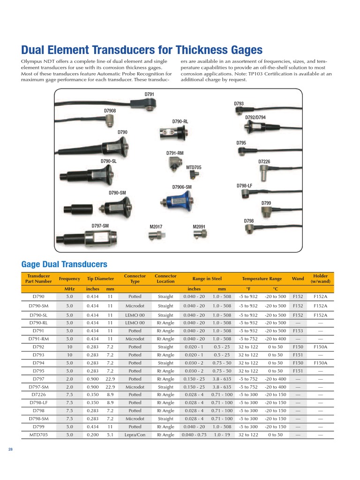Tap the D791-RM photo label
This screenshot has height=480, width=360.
point(175,153)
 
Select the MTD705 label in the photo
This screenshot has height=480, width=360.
point(194,167)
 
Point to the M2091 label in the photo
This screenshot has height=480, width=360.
point(199,227)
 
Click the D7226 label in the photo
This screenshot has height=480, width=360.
point(264,161)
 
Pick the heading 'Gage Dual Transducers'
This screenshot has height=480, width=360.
point(65,264)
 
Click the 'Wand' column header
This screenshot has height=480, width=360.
point(298,278)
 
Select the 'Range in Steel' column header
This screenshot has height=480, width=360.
point(207,278)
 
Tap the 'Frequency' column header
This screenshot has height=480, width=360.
point(69,278)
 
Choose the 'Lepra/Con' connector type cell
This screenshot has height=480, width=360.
point(135,435)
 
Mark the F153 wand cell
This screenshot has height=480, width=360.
point(298,330)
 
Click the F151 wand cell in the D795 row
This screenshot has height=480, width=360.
point(298,371)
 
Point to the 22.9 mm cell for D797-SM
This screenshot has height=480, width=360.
point(110,387)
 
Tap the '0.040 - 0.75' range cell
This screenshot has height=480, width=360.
point(194,435)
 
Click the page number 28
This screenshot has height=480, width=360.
point(10,450)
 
